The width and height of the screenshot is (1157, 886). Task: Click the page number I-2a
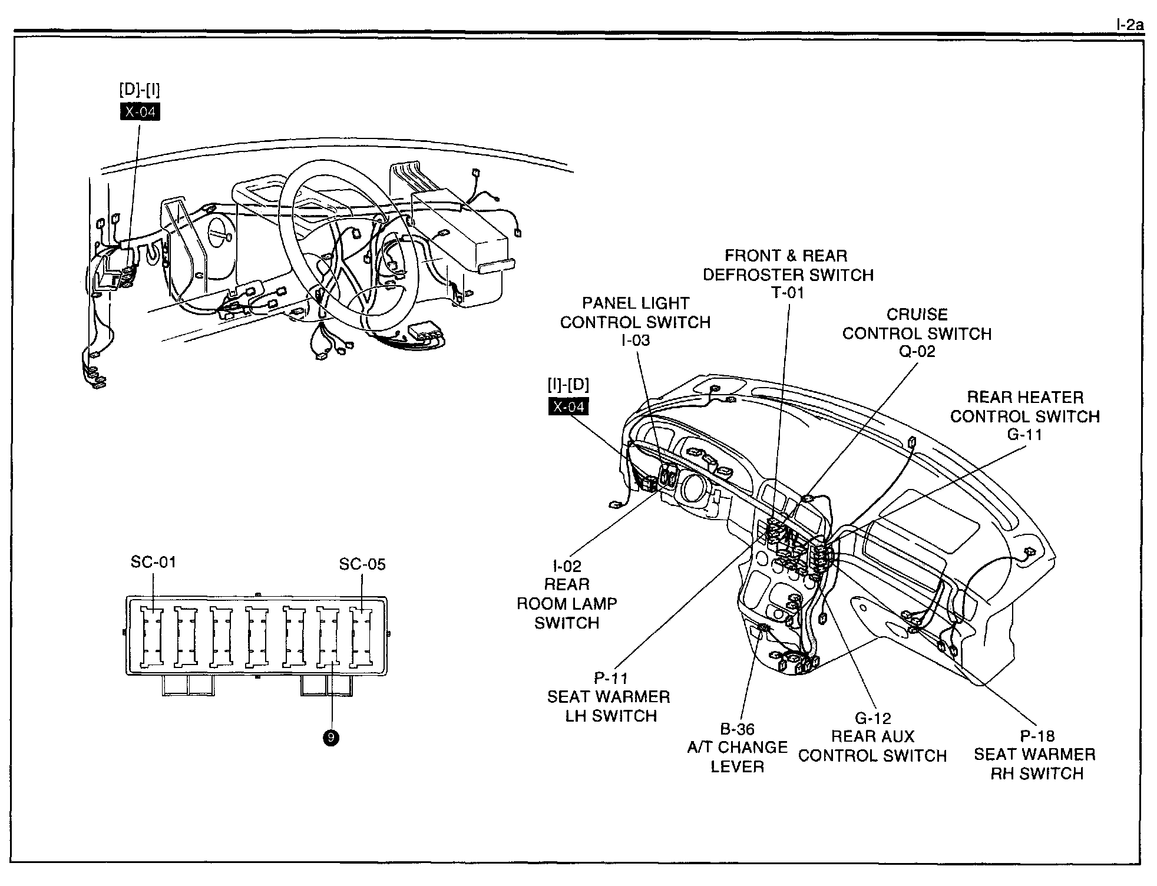click(1129, 26)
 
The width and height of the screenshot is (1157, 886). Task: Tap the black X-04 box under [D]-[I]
click(140, 111)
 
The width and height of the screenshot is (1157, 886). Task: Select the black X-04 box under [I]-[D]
click(568, 406)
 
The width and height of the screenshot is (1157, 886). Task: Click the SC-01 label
click(153, 562)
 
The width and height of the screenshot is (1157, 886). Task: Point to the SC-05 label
click(362, 564)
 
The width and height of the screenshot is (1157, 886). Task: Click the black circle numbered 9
click(331, 738)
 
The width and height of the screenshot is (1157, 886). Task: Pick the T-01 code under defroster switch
click(788, 293)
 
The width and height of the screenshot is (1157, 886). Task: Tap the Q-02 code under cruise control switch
click(917, 351)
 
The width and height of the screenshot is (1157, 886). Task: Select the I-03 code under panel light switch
click(636, 340)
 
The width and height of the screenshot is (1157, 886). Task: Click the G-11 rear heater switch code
click(1025, 435)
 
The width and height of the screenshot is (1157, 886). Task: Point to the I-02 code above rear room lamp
click(567, 566)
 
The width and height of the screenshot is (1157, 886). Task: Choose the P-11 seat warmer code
click(611, 678)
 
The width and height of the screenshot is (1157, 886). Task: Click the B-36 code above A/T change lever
click(737, 729)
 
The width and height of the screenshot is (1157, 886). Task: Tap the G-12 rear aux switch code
click(873, 718)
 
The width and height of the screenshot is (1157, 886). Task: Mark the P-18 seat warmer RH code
click(1037, 736)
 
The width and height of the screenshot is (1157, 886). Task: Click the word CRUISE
click(917, 314)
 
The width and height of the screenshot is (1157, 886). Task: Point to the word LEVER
click(737, 766)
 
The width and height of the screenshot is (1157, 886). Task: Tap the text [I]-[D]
click(568, 385)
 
